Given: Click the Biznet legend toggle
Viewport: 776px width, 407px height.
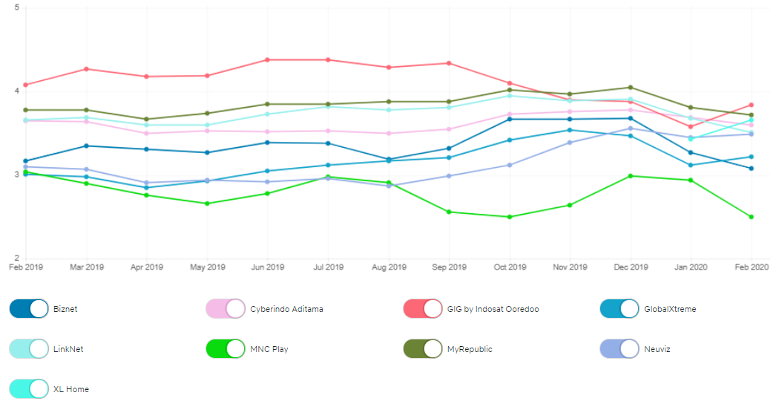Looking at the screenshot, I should (29, 309).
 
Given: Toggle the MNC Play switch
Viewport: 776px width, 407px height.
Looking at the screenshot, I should (226, 349).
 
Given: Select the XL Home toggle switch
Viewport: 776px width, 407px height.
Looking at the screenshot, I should (29, 389).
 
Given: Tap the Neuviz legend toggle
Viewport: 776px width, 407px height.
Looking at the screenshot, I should (619, 349).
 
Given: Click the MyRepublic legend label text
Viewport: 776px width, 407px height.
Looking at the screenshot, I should (470, 349).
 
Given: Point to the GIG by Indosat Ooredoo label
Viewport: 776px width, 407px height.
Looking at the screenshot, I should (493, 309).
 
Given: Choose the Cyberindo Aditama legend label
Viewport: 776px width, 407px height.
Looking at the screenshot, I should (286, 309).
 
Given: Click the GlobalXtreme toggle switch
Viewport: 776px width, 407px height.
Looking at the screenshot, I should (619, 309).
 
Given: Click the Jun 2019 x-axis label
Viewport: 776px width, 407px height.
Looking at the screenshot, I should (268, 267).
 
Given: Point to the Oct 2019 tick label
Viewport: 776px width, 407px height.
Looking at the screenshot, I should (510, 267).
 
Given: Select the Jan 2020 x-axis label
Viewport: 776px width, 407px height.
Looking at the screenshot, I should (691, 267).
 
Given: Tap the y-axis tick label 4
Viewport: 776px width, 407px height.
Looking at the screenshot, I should (16, 91).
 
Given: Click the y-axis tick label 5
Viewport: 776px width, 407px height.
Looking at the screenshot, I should (16, 8).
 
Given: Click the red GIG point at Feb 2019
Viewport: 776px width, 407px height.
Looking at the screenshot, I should (26, 85).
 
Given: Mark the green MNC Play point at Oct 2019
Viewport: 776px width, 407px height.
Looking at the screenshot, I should (510, 217).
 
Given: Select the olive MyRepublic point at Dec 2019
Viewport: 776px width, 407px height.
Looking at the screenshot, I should (631, 88).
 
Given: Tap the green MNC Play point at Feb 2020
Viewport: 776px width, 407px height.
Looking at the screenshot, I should (752, 217).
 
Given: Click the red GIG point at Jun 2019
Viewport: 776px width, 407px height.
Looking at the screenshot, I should (268, 59).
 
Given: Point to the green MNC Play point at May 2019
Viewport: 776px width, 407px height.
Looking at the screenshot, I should (208, 203).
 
